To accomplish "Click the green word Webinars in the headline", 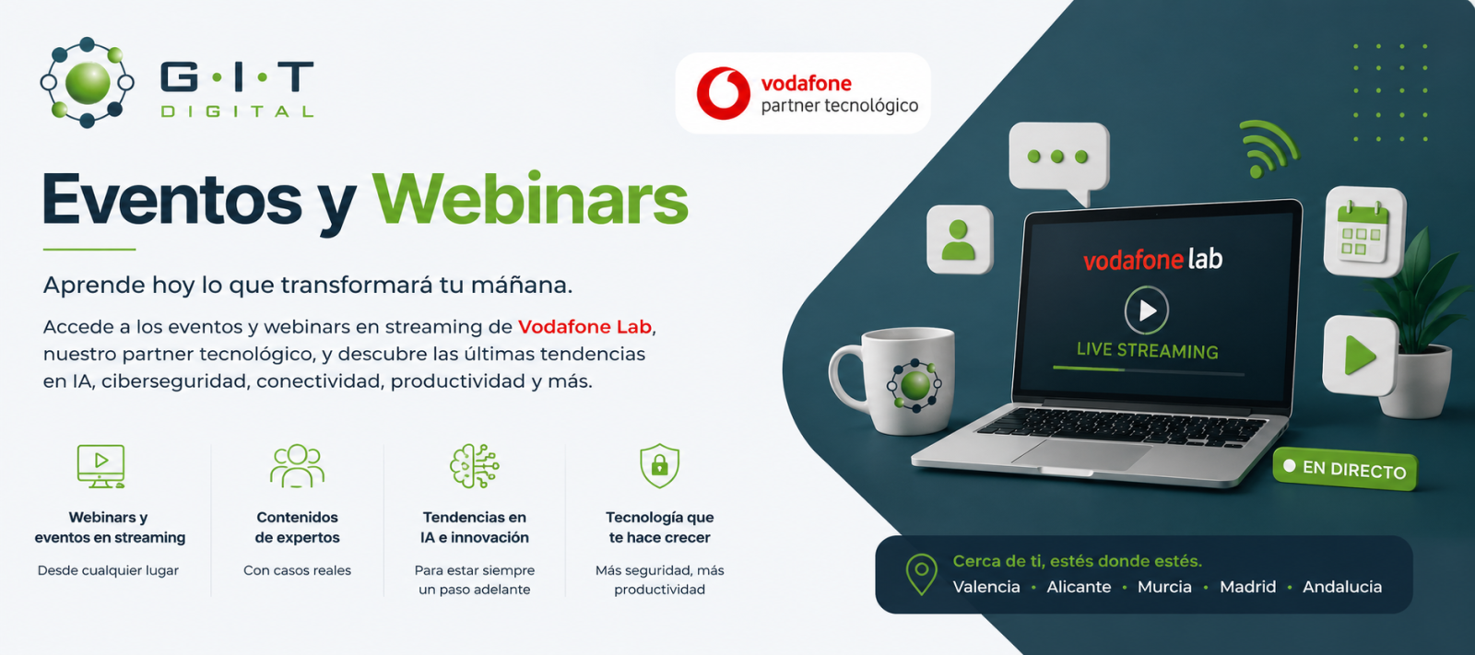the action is (530, 200).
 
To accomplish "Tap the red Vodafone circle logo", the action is (723, 93).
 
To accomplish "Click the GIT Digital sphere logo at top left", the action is (87, 82).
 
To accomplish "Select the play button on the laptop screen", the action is (1147, 310).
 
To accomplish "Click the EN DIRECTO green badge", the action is (1345, 469).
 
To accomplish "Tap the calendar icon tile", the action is (1364, 231).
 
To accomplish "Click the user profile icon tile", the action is (960, 240).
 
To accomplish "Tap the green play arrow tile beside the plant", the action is (1360, 356).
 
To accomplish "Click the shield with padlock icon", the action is (659, 465).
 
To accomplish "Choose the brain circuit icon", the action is (474, 465).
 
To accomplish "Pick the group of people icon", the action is (297, 465).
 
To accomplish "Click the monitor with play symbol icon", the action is (100, 466).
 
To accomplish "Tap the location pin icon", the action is (921, 574).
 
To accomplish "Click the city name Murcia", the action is (1164, 587).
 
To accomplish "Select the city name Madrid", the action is (1247, 587).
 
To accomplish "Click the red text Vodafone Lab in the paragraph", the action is (584, 326).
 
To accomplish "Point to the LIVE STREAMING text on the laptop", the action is (1147, 351).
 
